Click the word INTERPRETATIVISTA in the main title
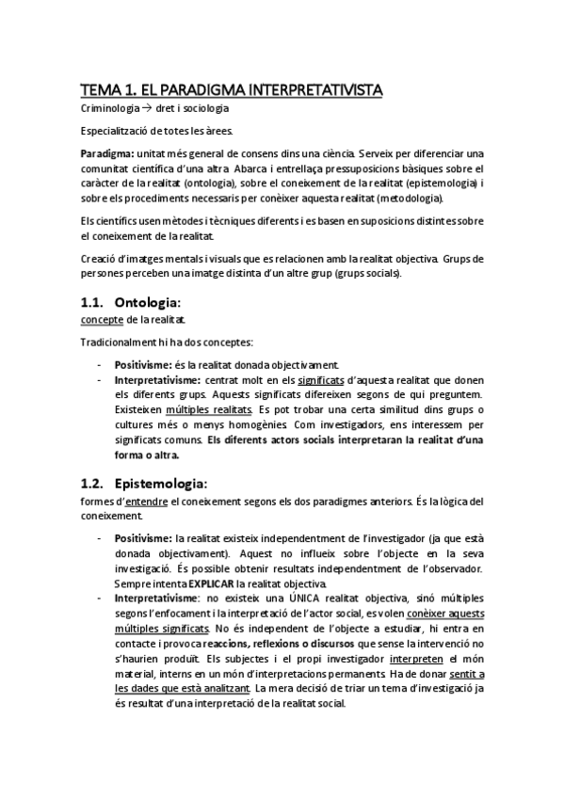[x=308, y=90]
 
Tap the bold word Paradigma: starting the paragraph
[x=106, y=153]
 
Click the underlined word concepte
[x=103, y=320]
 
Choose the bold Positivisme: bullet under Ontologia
[x=144, y=364]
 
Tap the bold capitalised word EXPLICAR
[x=213, y=585]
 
